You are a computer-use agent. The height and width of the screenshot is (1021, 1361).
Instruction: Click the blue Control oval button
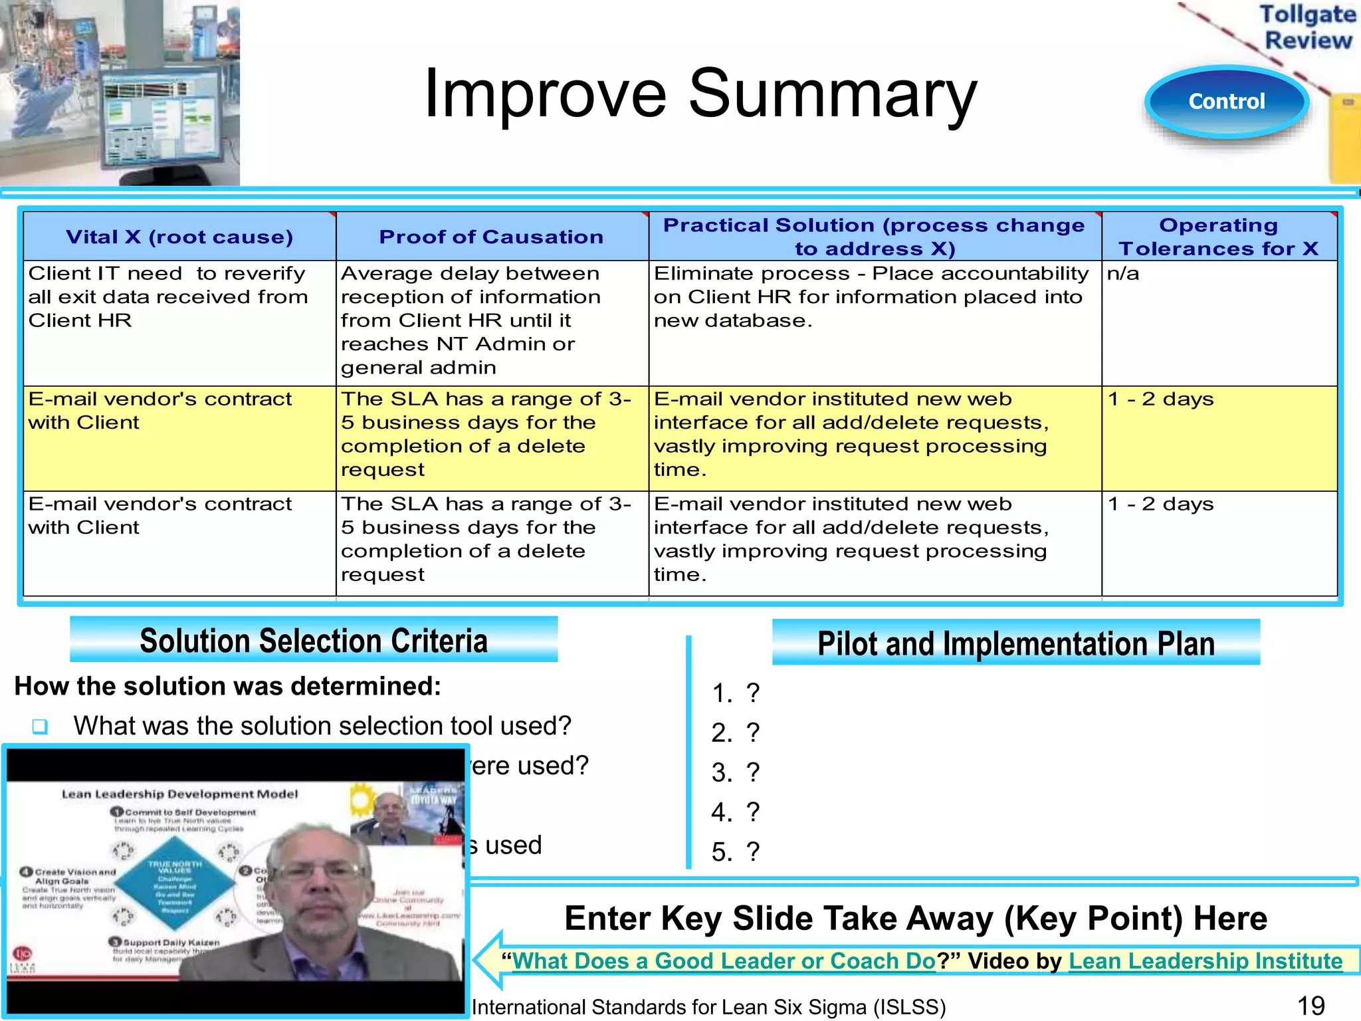point(1226,102)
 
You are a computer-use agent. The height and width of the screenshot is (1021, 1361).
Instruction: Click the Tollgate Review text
point(1307,27)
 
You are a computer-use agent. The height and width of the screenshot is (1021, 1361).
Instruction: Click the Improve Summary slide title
point(700,94)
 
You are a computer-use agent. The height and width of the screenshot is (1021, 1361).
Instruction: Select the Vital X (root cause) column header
point(179,237)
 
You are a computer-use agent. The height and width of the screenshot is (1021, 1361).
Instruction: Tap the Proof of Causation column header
point(491,237)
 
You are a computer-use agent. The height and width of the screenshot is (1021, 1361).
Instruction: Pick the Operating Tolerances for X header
point(1218,237)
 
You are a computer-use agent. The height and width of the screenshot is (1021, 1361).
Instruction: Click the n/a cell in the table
point(1123,274)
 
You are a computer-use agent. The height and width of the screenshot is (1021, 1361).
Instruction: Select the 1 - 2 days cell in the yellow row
point(1160,399)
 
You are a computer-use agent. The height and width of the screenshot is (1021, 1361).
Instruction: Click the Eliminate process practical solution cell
point(871,297)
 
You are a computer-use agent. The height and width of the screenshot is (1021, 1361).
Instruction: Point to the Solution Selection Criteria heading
point(314,641)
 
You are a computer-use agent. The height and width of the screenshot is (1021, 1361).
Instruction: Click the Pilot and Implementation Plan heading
point(1015,643)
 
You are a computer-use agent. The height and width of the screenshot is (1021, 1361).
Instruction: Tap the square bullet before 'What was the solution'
point(41,726)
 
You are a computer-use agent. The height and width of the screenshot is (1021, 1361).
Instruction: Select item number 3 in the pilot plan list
point(734,772)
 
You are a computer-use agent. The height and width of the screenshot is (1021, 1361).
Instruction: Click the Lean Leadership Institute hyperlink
point(1205,961)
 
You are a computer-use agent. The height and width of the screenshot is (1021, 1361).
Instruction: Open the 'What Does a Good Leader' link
point(723,961)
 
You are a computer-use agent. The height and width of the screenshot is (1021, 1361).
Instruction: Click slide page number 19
point(1310,1006)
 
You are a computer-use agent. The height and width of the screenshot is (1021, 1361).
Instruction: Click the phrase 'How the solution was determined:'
point(228,687)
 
